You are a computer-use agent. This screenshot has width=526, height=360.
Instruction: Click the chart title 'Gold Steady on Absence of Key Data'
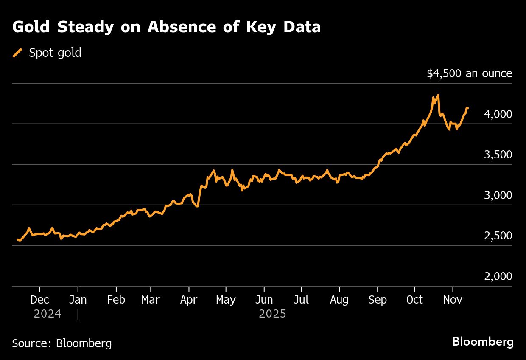(166, 27)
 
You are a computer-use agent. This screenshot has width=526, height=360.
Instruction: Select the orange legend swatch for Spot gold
(17, 53)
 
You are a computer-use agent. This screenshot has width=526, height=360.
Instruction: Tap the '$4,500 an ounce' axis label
(469, 73)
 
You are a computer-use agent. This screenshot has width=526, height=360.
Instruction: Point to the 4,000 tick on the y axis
(498, 114)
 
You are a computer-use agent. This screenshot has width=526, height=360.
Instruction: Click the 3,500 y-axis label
(498, 155)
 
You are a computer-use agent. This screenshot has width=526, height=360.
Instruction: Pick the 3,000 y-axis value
(498, 195)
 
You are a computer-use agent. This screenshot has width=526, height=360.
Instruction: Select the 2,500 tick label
(498, 236)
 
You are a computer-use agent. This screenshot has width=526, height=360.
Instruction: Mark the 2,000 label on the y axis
(498, 277)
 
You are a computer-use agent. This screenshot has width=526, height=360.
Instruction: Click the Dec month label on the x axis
(40, 300)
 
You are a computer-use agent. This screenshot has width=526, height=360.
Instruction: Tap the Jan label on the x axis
(78, 300)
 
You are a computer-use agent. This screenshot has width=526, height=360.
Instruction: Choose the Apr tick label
(189, 300)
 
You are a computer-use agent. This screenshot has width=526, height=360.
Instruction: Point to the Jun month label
(264, 300)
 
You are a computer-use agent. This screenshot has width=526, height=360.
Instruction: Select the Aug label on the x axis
(339, 300)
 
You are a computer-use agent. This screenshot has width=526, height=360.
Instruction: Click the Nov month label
(453, 300)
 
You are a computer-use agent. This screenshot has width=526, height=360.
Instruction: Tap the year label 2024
(48, 314)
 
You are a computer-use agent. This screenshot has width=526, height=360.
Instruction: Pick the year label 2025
(272, 314)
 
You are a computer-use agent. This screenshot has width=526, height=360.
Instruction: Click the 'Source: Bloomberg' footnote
(62, 343)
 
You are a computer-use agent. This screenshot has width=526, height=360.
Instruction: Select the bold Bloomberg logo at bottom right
(483, 342)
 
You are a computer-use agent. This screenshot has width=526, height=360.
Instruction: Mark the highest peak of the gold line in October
(438, 95)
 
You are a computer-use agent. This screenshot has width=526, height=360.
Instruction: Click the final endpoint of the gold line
(467, 108)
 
